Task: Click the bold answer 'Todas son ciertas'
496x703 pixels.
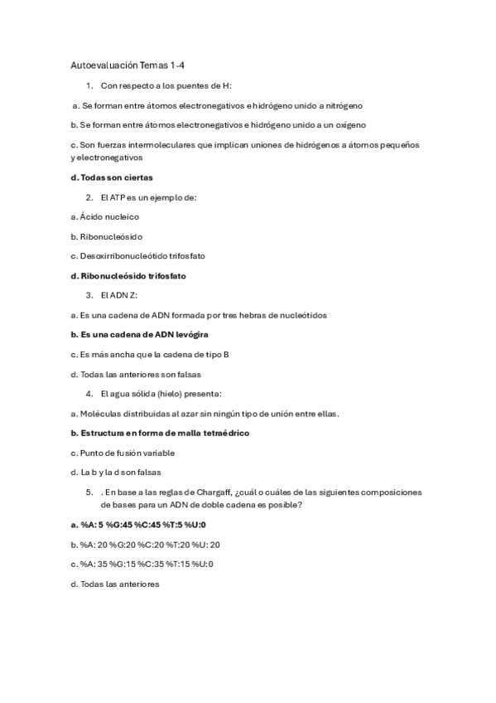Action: [x=112, y=177]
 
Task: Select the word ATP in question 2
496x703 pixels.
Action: [x=118, y=197]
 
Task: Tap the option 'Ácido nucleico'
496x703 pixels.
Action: [x=105, y=216]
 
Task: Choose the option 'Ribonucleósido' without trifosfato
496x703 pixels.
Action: [x=107, y=236]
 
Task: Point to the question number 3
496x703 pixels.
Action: [x=89, y=295]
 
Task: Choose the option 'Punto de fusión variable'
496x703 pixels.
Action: [x=123, y=453]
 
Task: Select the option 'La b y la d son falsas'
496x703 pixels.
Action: [x=116, y=473]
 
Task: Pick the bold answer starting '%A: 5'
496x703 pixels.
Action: [x=138, y=525]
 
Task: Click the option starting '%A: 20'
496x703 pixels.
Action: [x=145, y=545]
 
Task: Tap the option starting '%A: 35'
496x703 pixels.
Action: [x=142, y=564]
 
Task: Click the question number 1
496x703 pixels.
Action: [x=89, y=85]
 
